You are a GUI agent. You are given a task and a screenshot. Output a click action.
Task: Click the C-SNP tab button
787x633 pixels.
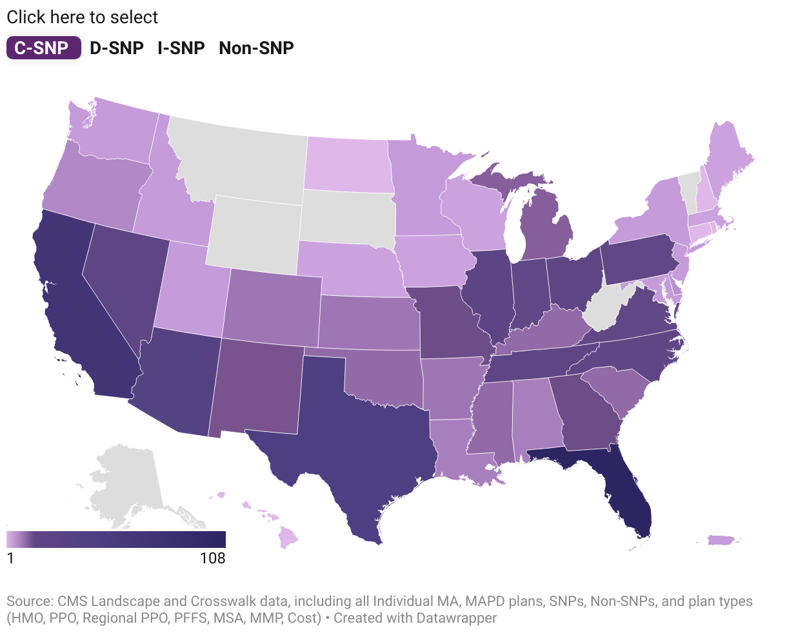coord(43,48)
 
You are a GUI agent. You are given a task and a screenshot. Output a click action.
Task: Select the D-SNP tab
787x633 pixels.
coord(117,48)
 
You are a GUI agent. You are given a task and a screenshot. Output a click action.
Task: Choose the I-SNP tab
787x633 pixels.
coord(181,48)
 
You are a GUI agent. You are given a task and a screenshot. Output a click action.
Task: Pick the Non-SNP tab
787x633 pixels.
coord(256,48)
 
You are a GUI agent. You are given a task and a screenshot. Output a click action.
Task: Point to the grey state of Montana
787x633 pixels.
coord(239,161)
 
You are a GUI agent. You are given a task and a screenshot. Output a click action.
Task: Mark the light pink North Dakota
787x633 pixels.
coord(348,164)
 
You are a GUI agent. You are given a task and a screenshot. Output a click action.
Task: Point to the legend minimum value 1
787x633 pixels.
coord(10,558)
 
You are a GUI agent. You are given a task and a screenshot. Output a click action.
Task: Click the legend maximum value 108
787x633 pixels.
coord(212,558)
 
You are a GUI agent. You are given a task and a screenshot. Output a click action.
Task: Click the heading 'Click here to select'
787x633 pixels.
coord(82,17)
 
